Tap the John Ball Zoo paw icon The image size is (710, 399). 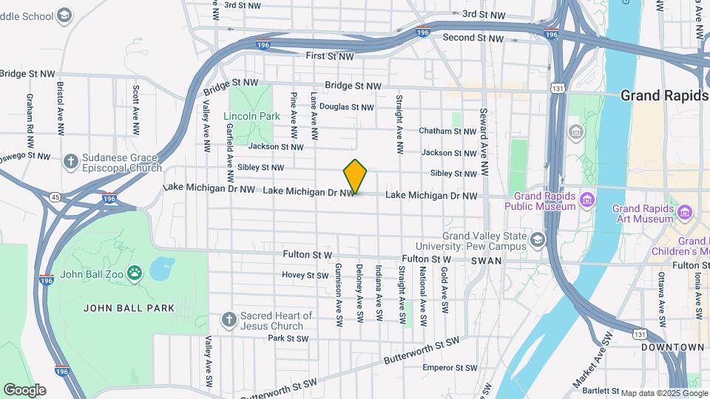tap(134, 274)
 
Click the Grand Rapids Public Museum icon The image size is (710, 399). tap(587, 199)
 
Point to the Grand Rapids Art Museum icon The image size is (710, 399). tap(684, 214)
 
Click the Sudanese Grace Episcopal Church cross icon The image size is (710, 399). tap(71, 162)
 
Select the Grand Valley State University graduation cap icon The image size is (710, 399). tap(537, 239)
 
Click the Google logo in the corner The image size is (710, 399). tap(24, 389)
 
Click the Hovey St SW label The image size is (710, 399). tap(305, 275)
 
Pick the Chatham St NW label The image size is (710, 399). tap(447, 132)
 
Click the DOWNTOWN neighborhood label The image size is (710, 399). tap(672, 347)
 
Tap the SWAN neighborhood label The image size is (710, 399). tap(488, 261)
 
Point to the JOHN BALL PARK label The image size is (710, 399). tap(129, 308)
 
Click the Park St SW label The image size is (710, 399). tap(288, 338)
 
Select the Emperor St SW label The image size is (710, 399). tap(450, 367)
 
